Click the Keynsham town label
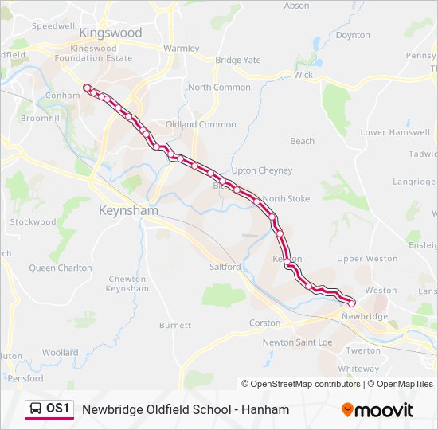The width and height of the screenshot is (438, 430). [x=127, y=210]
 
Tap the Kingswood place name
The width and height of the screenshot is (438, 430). [x=111, y=33]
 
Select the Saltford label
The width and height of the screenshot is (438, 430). [x=225, y=267]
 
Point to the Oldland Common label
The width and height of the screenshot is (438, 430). [x=201, y=124]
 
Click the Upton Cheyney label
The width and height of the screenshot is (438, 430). [x=262, y=170]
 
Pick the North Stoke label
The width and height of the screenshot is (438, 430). [x=286, y=198]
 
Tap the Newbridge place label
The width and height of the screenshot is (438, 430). [x=364, y=316]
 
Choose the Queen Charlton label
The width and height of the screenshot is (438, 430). [x=61, y=268]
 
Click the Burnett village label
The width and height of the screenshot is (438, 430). [x=175, y=325]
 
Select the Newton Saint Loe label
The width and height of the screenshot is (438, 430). [x=298, y=342]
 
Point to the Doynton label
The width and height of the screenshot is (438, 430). [x=353, y=35]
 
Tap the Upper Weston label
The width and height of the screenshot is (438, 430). [x=367, y=259]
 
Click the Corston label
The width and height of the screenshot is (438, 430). [x=265, y=322]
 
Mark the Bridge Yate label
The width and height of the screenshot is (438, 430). [x=238, y=60]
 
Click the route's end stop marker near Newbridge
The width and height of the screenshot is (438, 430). [x=352, y=303]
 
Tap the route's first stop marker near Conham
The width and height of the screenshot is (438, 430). [x=86, y=87]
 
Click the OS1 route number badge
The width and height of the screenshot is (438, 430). [x=58, y=408]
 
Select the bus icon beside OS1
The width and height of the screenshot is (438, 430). [x=36, y=409]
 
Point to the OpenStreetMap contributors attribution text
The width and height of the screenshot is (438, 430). [x=301, y=384]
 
